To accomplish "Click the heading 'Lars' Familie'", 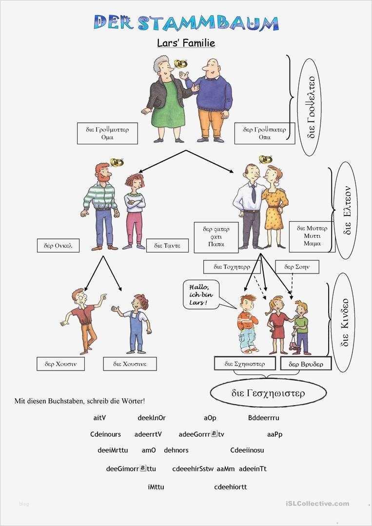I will point(186,43).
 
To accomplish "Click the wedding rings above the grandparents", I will point(181,64).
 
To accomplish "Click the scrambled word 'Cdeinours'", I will point(105,434).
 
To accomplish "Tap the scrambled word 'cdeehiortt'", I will point(231,487).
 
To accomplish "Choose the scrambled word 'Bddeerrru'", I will point(264,418).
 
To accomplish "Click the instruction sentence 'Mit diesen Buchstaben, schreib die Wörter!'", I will point(79,401).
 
